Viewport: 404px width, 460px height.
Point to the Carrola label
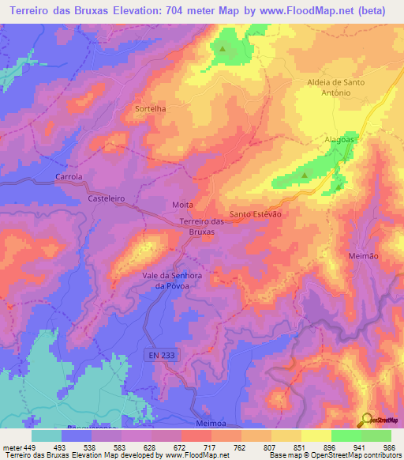[x=69, y=177]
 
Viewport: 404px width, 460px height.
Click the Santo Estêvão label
[x=255, y=214]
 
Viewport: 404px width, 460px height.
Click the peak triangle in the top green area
[x=222, y=48]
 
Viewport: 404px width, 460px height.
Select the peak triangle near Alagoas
[x=305, y=175]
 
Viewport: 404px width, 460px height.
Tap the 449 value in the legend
[x=31, y=447]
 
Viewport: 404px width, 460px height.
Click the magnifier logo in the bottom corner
[x=366, y=419]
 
